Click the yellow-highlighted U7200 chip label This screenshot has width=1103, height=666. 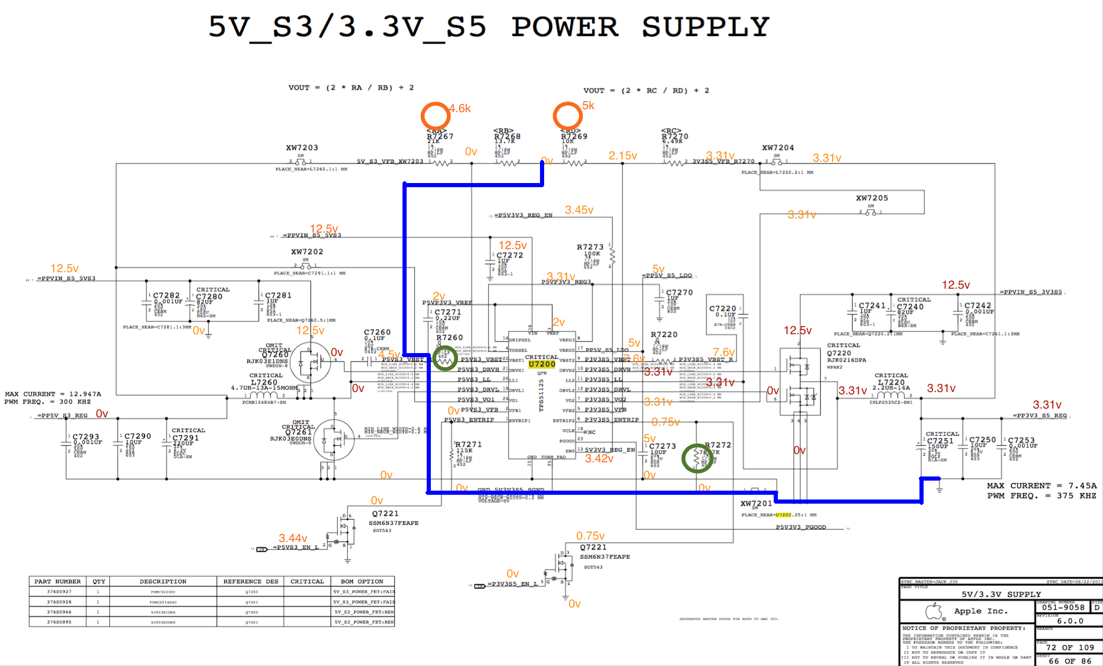(542, 364)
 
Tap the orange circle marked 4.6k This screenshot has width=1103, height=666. (436, 116)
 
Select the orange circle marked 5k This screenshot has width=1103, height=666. (568, 116)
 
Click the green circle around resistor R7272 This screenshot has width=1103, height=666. (697, 458)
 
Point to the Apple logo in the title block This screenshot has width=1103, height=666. (934, 611)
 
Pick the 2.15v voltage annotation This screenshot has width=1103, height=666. (623, 156)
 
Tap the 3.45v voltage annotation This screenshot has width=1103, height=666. (579, 210)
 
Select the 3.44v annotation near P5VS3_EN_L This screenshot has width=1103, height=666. (293, 538)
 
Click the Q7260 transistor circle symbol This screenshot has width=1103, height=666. (310, 363)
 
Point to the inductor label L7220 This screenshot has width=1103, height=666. (891, 382)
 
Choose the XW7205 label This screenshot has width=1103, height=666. (872, 198)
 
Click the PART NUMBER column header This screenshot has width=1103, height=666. (57, 582)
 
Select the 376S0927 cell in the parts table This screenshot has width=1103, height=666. (59, 592)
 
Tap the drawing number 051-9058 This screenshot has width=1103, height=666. (1063, 607)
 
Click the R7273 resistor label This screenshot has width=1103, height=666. (590, 247)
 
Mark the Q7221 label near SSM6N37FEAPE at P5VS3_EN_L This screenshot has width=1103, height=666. (385, 514)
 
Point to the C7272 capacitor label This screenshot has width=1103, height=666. (509, 256)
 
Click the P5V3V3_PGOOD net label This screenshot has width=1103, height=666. (801, 527)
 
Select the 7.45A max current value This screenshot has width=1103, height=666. (1082, 486)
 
